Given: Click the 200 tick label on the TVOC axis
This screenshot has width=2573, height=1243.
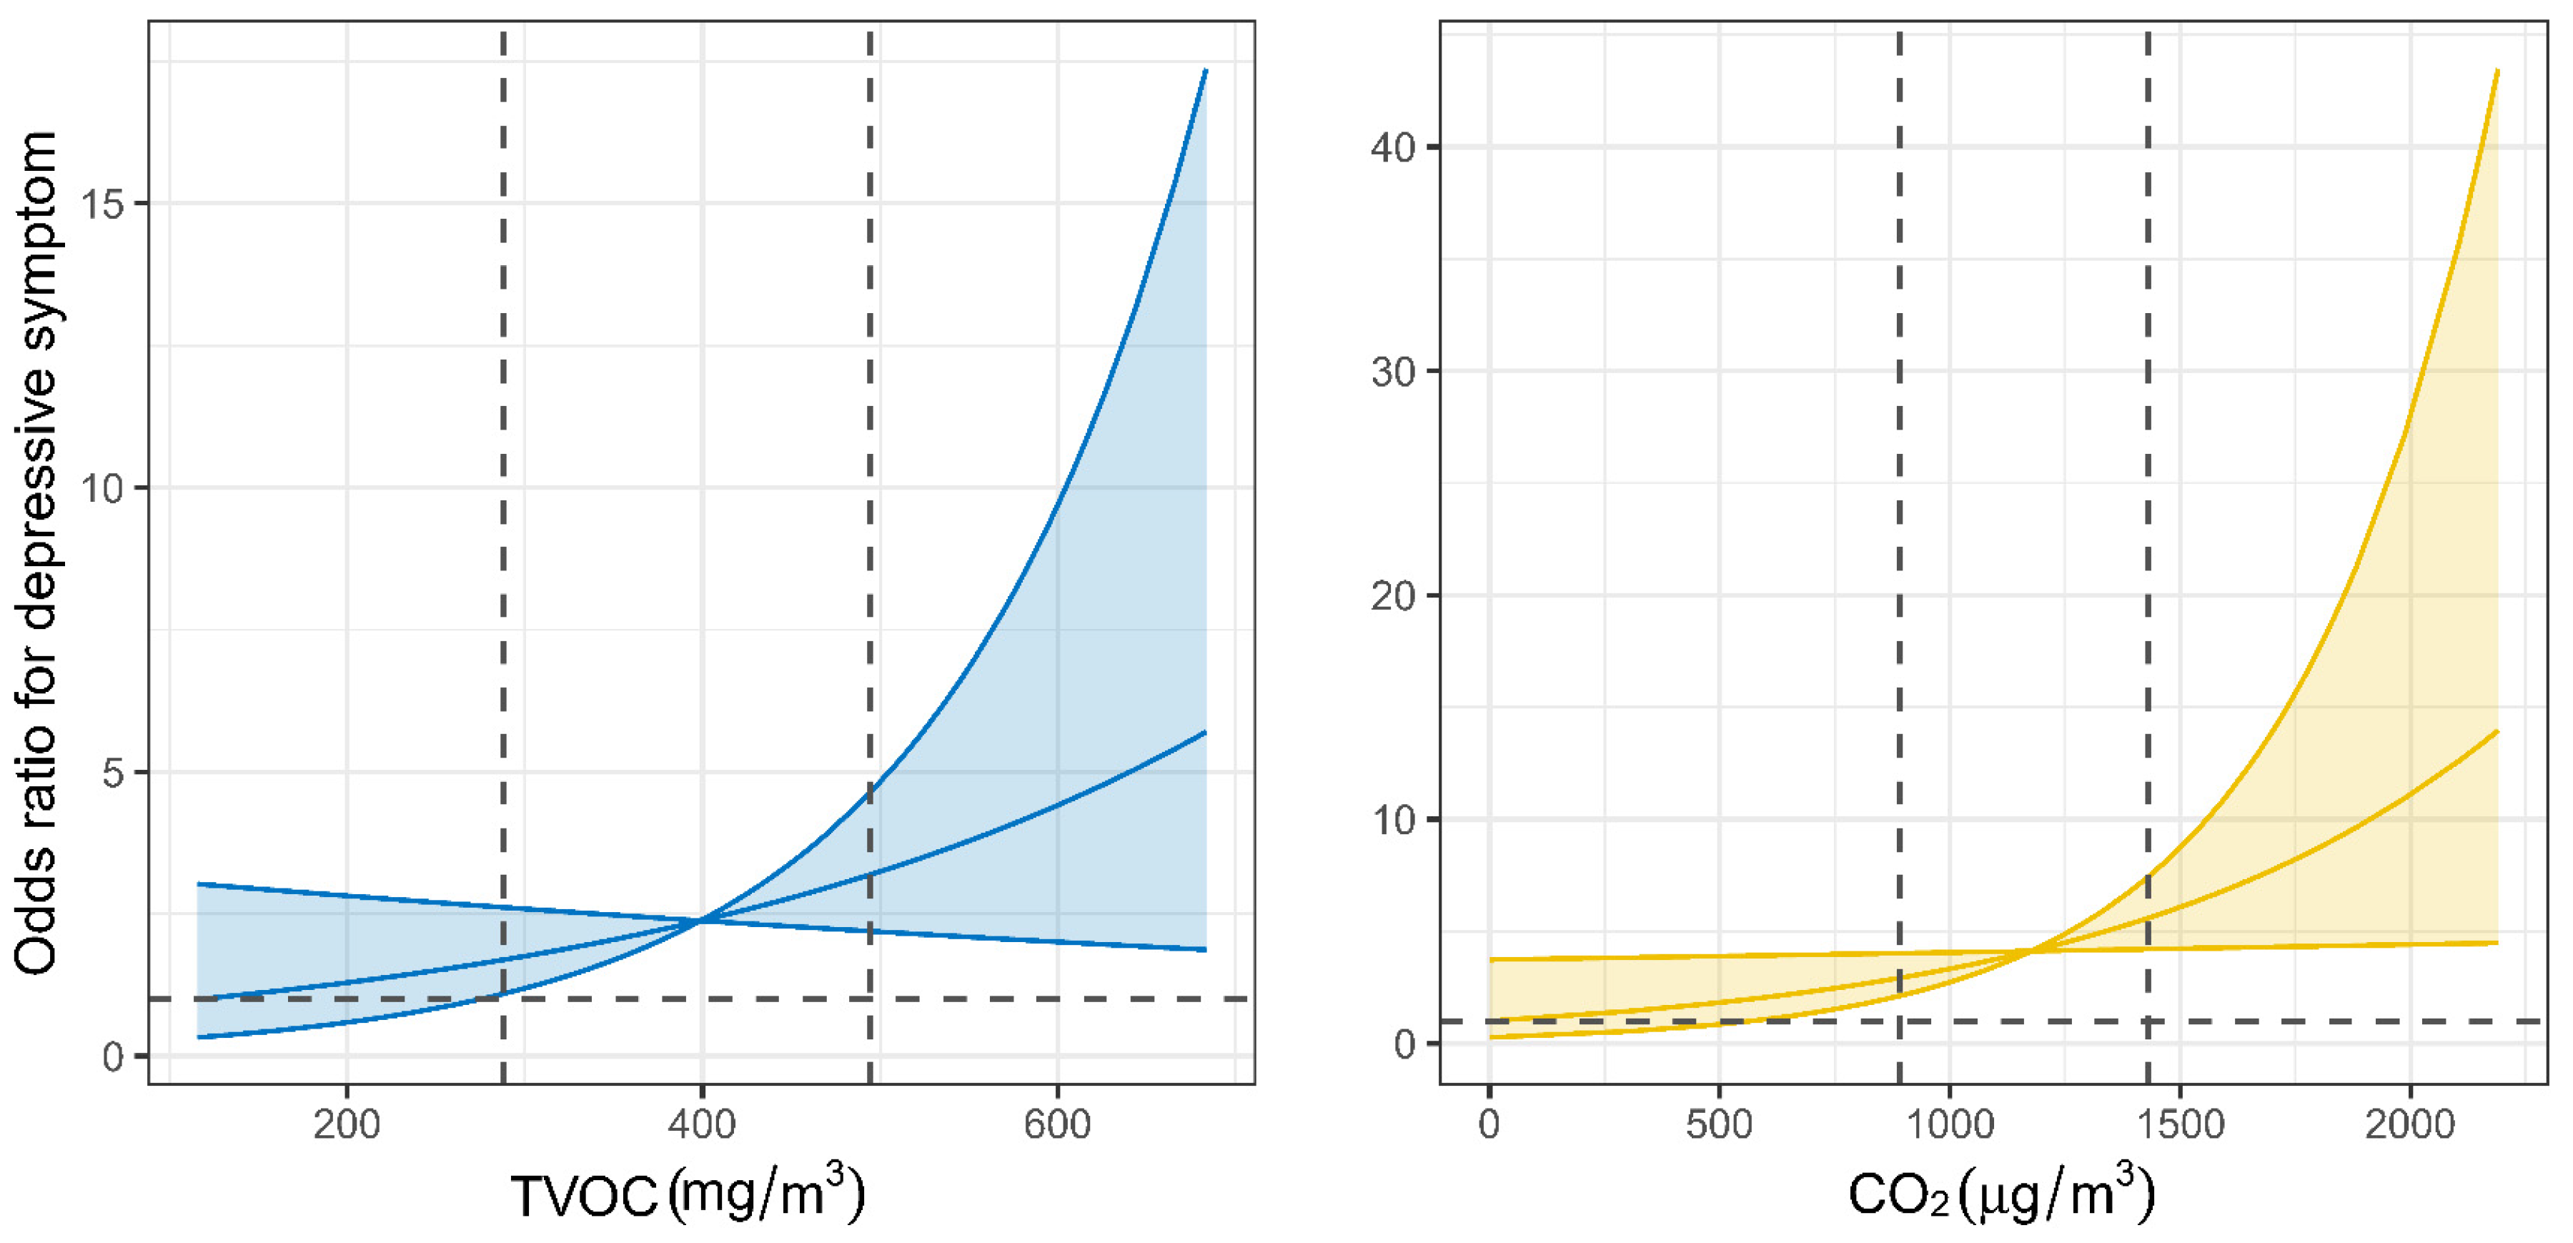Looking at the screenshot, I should tap(346, 1125).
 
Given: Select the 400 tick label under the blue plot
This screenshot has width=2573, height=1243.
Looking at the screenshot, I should tap(701, 1125).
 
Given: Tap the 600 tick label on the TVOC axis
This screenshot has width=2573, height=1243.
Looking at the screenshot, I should tap(1057, 1125).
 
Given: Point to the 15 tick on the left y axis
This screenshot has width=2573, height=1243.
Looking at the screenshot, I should tap(103, 204).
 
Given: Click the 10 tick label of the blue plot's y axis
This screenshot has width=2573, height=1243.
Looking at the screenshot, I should tap(103, 489).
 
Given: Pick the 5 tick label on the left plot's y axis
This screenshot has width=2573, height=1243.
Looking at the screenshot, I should tap(113, 773).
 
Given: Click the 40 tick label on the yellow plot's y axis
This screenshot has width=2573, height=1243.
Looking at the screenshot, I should tap(1394, 148).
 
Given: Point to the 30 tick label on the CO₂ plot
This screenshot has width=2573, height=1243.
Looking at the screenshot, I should tap(1394, 372).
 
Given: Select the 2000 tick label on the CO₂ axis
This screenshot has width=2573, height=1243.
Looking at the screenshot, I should tap(2409, 1125).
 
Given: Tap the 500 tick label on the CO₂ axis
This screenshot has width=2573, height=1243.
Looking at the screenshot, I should tap(1718, 1125).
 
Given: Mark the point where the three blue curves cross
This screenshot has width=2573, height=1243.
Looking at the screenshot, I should tap(701, 919).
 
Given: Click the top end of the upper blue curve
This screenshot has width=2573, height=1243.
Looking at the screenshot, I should tap(1206, 71).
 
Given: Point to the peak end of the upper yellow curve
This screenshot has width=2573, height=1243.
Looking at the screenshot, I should tap(2497, 71).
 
